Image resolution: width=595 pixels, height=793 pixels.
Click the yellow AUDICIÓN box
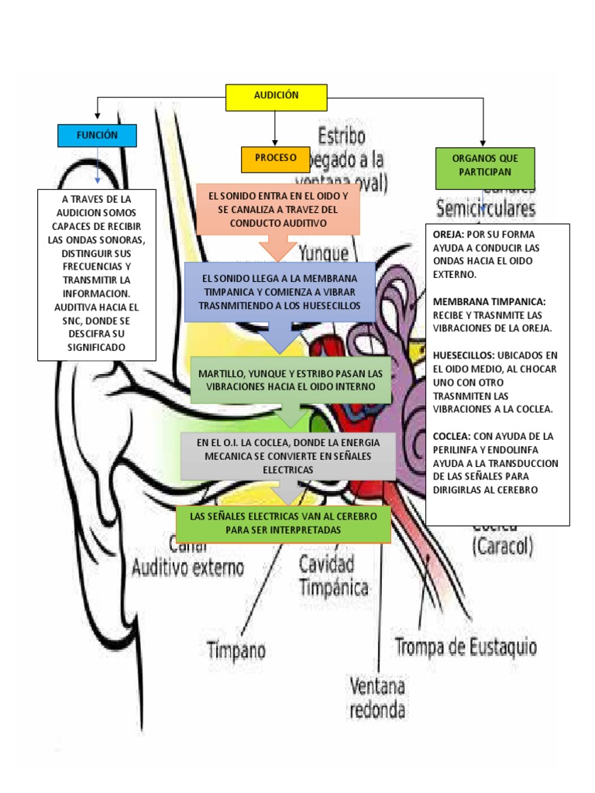click(x=276, y=97)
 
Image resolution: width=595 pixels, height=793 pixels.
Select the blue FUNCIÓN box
click(x=97, y=136)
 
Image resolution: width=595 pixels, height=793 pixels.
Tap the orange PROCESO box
click(x=275, y=158)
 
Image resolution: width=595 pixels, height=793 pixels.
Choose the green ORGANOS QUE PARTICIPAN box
click(x=485, y=168)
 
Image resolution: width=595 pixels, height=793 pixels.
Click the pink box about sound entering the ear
click(x=278, y=209)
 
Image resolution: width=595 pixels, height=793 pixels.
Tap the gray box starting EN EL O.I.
click(x=287, y=455)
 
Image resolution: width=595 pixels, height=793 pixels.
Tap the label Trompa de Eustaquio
click(x=466, y=646)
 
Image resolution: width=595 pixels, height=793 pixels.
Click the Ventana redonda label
click(x=377, y=697)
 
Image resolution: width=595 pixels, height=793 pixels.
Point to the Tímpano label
click(x=237, y=648)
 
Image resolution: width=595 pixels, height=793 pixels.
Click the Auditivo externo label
click(x=187, y=568)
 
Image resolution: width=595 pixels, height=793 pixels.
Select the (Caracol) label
click(x=502, y=547)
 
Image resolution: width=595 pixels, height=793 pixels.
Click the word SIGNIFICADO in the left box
click(x=97, y=348)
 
